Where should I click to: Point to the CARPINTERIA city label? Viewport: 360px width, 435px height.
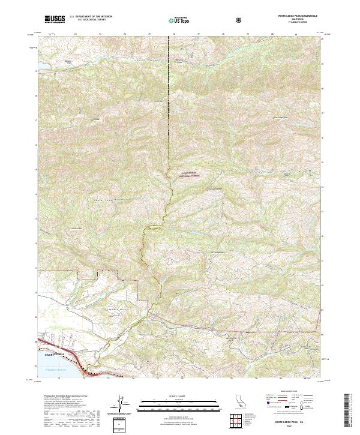(53, 355)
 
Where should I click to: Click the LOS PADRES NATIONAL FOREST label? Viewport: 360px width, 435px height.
(188, 175)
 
